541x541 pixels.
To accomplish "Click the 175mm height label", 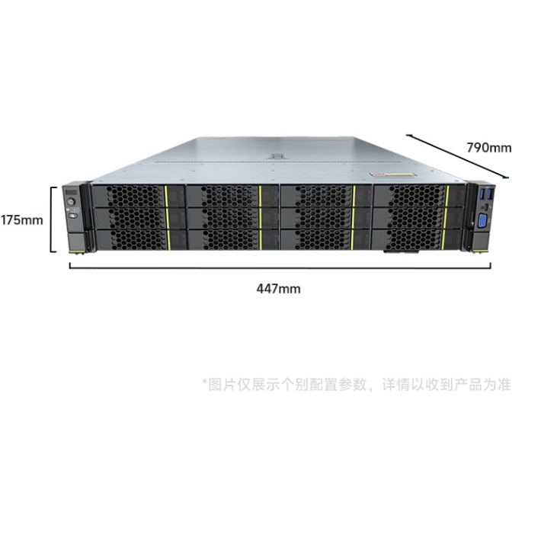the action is (x=22, y=220).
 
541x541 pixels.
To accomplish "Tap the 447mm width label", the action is (x=278, y=289).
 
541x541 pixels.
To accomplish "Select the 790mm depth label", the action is (x=489, y=148).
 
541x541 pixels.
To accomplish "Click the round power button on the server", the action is (x=72, y=201).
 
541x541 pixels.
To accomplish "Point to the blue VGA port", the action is (x=482, y=221).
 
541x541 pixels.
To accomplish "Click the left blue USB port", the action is (x=482, y=194).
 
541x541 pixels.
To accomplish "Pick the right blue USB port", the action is (x=490, y=194).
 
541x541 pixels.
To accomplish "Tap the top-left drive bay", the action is (x=139, y=196).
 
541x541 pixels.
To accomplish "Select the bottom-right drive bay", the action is (x=417, y=239).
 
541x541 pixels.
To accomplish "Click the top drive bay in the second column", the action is (x=232, y=196).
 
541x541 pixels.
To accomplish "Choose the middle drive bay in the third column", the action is (x=326, y=218).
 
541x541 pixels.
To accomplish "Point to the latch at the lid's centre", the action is (x=277, y=156).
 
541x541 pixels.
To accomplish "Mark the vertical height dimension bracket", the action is (x=52, y=219).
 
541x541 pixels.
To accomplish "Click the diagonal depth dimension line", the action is (x=457, y=156).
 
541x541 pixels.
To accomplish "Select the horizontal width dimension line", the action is (x=280, y=267).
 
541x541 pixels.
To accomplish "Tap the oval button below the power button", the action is (x=73, y=216).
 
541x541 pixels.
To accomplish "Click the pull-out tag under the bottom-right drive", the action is (x=402, y=252).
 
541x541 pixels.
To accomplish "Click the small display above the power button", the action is (x=70, y=192).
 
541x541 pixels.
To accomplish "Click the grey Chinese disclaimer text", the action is (x=357, y=384).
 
